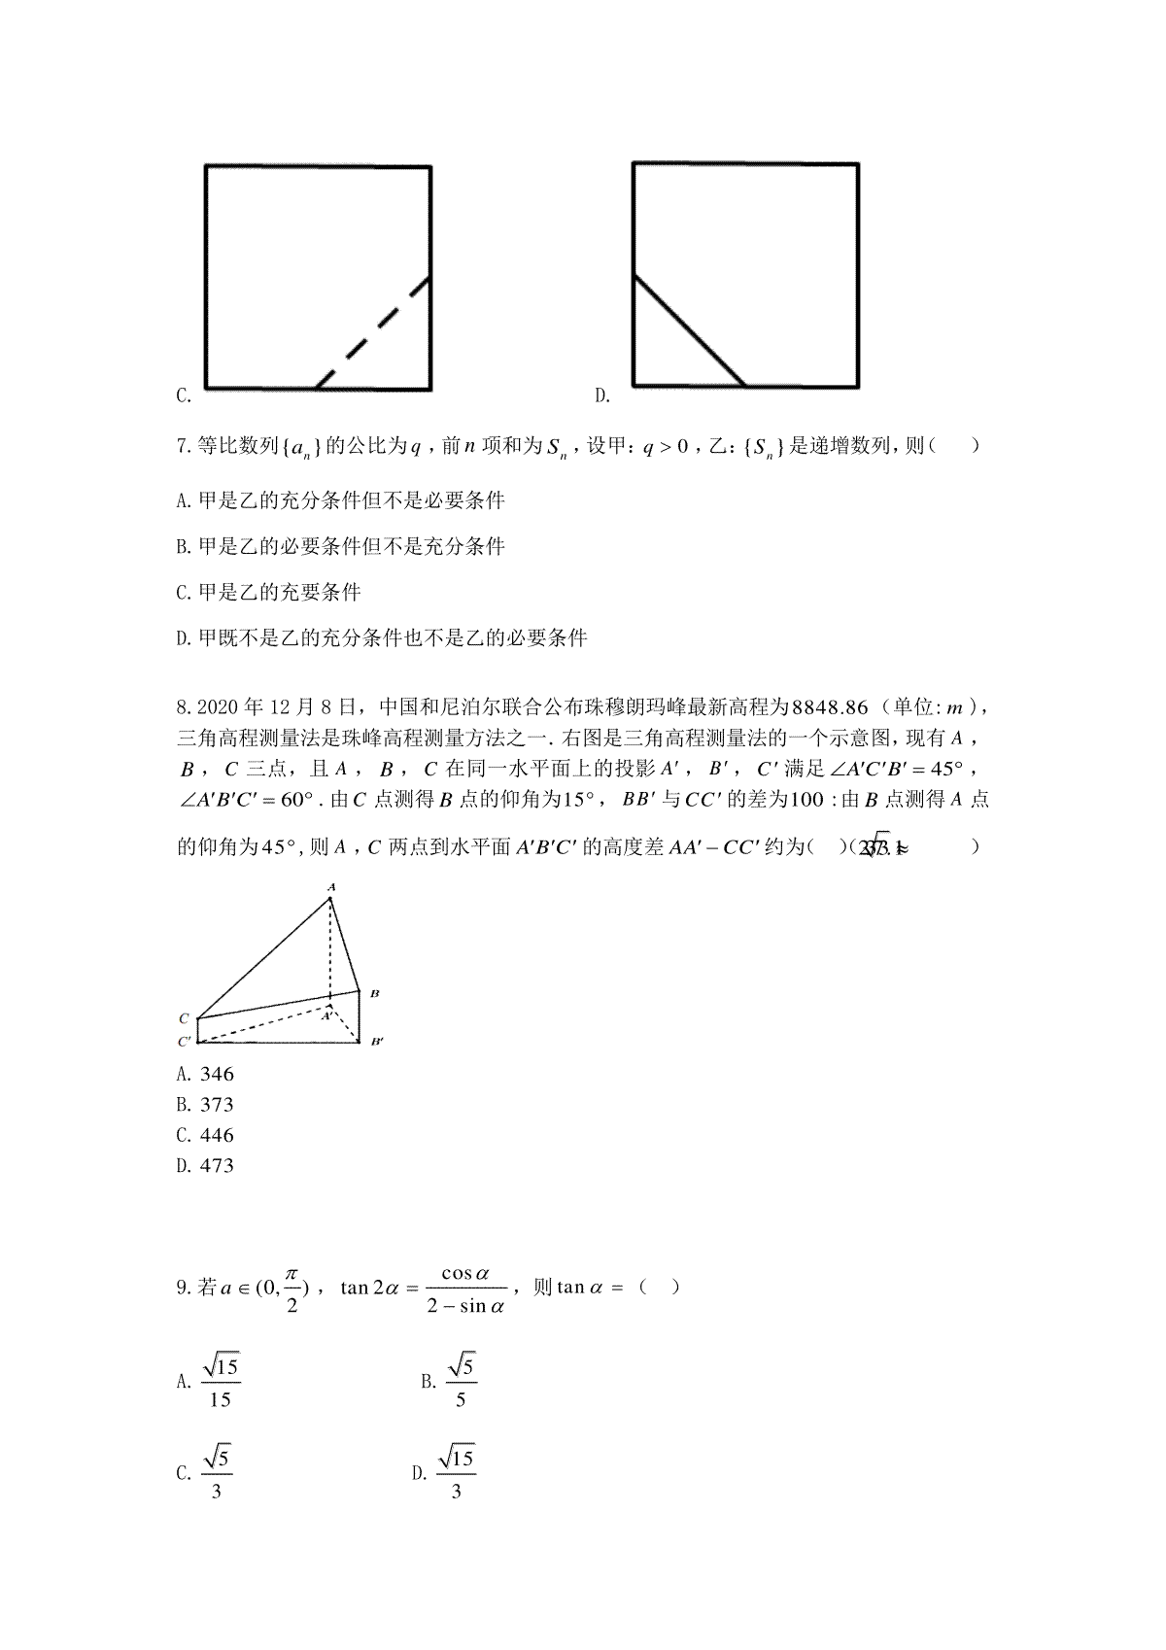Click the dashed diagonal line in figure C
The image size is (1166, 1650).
[373, 333]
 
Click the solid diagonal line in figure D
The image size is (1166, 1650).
[689, 331]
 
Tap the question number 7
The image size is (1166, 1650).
[182, 446]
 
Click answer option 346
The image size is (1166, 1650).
[217, 1074]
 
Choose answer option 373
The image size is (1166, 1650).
[217, 1105]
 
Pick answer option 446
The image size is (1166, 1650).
[217, 1135]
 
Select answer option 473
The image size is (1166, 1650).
[217, 1165]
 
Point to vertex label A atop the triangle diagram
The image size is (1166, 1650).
[331, 887]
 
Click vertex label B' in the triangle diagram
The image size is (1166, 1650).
[377, 1043]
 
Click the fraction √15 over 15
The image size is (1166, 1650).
[221, 1383]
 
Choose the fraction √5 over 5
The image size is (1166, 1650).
[461, 1383]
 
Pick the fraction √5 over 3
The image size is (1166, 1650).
[216, 1473]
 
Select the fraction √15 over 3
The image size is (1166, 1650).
[457, 1473]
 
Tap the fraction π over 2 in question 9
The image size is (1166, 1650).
[291, 1289]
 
